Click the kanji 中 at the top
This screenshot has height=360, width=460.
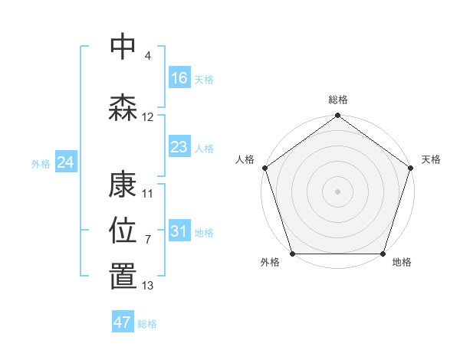tap(123, 47)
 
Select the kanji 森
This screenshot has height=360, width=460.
tap(123, 108)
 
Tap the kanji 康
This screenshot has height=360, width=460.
tap(123, 185)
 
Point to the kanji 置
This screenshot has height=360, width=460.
tap(123, 277)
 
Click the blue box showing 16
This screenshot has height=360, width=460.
tap(179, 78)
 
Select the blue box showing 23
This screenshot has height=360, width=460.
tap(179, 147)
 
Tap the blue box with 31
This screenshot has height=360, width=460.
tap(179, 231)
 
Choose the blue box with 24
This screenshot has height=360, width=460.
tap(66, 162)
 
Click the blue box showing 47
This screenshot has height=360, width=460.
tap(123, 322)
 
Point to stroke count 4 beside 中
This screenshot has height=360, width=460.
tap(147, 56)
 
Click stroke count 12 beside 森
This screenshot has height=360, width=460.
tap(148, 117)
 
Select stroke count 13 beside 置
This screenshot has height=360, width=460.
tap(148, 286)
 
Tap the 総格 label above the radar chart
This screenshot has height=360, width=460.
tap(338, 100)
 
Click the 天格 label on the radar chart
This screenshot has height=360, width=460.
tap(431, 159)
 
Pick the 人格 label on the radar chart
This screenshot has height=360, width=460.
tap(245, 159)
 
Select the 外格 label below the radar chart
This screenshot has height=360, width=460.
tap(270, 263)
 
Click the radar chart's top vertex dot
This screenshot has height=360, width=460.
tap(338, 116)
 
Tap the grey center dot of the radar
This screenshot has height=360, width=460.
tap(338, 191)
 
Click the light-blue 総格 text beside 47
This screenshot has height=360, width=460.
tap(147, 324)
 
